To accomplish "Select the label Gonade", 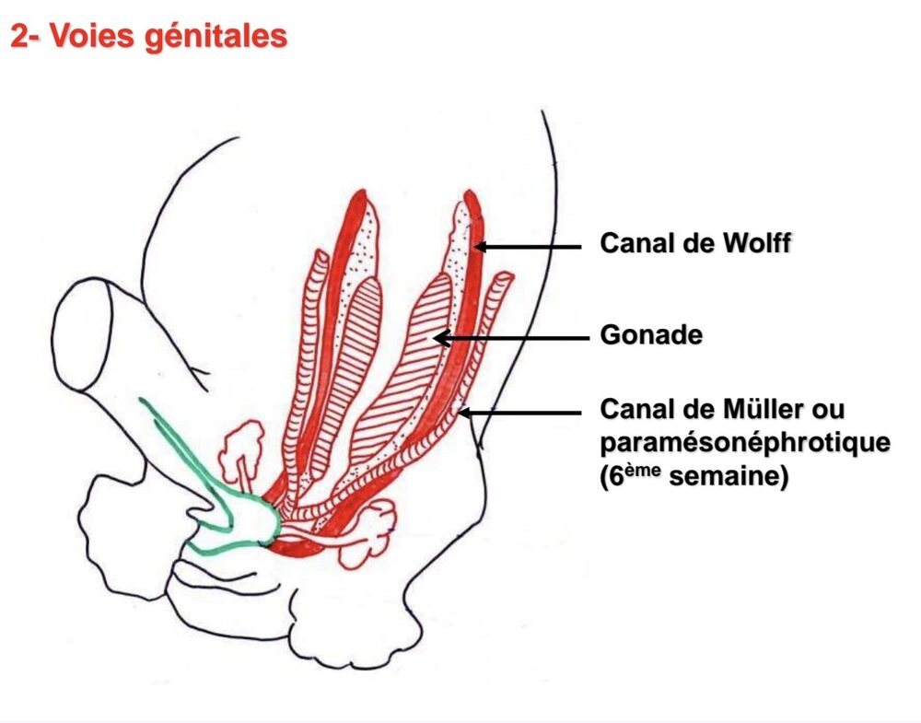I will (650, 335).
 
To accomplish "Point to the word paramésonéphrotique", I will (744, 443).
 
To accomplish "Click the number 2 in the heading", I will (17, 36).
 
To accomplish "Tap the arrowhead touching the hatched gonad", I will (439, 338).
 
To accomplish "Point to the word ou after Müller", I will (828, 408).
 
